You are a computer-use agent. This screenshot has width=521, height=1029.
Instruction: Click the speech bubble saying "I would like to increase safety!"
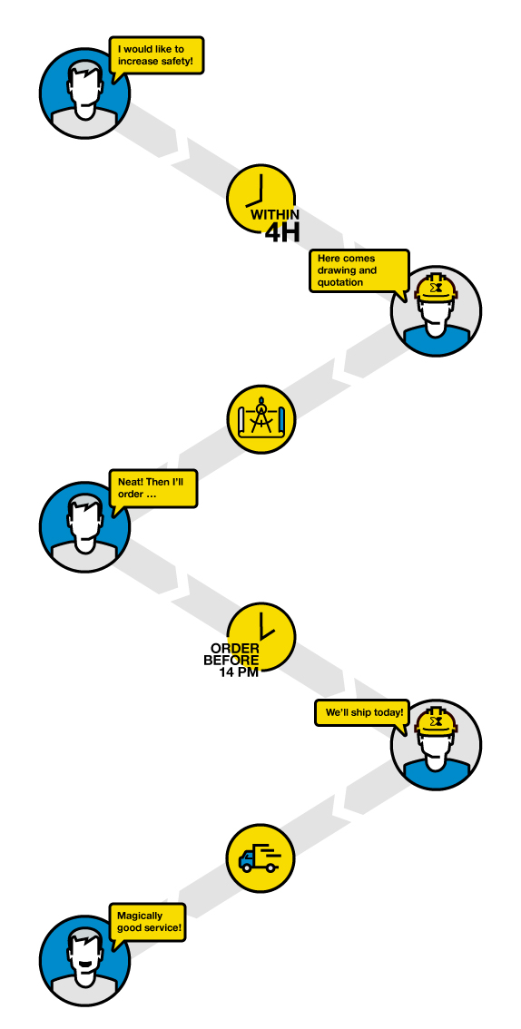(156, 54)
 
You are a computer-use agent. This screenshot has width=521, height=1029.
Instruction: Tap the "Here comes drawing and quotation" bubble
(359, 270)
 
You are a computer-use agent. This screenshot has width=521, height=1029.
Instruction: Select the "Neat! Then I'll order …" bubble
(152, 489)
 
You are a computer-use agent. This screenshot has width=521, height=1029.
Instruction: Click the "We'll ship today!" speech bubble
(362, 712)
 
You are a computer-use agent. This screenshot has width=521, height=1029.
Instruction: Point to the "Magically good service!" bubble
(148, 922)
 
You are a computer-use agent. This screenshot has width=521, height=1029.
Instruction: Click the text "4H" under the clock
(282, 232)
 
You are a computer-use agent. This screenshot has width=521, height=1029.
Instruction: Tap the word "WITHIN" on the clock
(275, 214)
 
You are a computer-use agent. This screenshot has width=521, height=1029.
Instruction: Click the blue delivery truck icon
(258, 860)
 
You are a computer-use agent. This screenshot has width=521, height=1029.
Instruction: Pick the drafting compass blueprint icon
(261, 419)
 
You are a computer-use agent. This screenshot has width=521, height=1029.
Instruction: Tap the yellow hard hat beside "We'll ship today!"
(436, 723)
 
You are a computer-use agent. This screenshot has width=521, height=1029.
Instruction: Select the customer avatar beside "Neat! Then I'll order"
(84, 527)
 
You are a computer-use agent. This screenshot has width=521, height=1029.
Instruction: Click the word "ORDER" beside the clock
(235, 649)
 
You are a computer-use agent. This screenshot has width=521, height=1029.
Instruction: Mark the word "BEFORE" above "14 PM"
(231, 661)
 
